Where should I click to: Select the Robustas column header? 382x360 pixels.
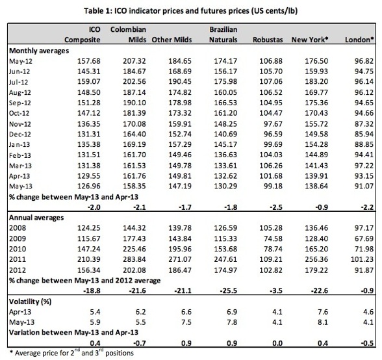coord(268,40)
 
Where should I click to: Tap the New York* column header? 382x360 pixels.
coord(310,40)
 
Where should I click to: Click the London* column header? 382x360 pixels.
coord(359,40)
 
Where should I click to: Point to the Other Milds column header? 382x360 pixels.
coord(172,40)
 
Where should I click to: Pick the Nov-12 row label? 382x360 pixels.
coord(20,124)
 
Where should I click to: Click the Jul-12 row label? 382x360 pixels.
coord(18,82)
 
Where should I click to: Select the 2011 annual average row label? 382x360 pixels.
coord(18,259)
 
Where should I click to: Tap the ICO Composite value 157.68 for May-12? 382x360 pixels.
coord(89,61)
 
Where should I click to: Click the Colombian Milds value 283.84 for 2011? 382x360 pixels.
coord(134,259)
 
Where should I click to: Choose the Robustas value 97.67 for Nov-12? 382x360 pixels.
coord(273,124)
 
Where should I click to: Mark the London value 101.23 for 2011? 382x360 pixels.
coord(362,259)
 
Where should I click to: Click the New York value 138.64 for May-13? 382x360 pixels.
coord(316,186)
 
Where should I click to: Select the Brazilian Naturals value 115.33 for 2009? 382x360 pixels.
coord(225,238)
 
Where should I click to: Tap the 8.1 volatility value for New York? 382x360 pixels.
coord(323,322)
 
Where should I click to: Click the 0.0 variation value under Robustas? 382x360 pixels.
coord(277,343)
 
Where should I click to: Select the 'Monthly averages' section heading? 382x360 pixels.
coord(39,51)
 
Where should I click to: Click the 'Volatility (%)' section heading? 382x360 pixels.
coord(30,302)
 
